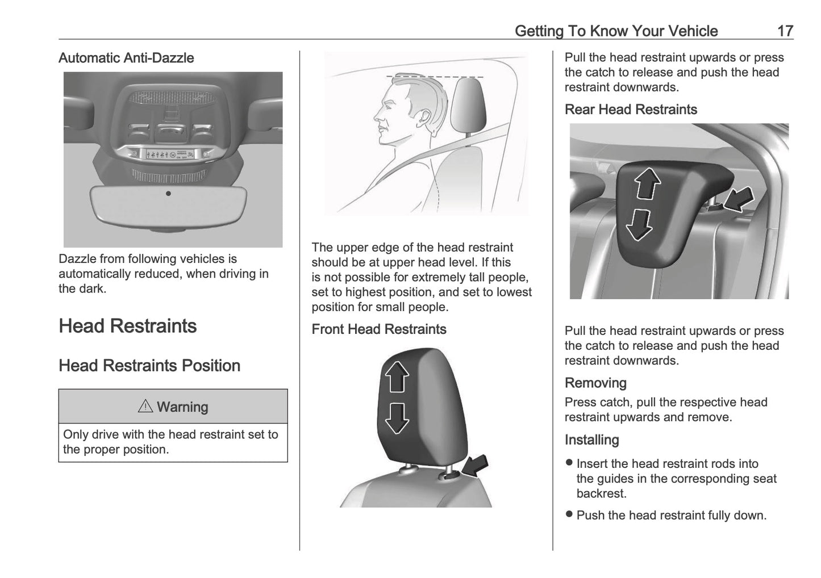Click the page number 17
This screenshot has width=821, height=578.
pyautogui.click(x=785, y=31)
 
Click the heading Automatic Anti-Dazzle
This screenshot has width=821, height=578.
pyautogui.click(x=126, y=58)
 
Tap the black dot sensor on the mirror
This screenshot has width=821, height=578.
pyautogui.click(x=168, y=194)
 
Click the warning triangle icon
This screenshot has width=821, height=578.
pyautogui.click(x=145, y=407)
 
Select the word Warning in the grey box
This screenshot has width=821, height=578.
pyautogui.click(x=182, y=407)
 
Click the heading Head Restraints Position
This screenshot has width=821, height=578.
pyautogui.click(x=149, y=366)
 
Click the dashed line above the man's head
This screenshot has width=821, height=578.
pyautogui.click(x=435, y=76)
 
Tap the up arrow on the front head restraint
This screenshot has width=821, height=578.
pyautogui.click(x=397, y=377)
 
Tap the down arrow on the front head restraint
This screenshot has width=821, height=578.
pyautogui.click(x=397, y=418)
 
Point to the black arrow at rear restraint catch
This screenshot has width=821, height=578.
pyautogui.click(x=739, y=199)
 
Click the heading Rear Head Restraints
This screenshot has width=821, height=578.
pyautogui.click(x=631, y=110)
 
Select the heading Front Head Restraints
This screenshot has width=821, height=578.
pyautogui.click(x=379, y=329)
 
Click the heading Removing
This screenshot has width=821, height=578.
pyautogui.click(x=595, y=383)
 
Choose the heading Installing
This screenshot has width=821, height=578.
pyautogui.click(x=591, y=440)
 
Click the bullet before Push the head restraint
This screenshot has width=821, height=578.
pyautogui.click(x=569, y=514)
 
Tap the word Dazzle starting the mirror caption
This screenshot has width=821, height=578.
pyautogui.click(x=77, y=259)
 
